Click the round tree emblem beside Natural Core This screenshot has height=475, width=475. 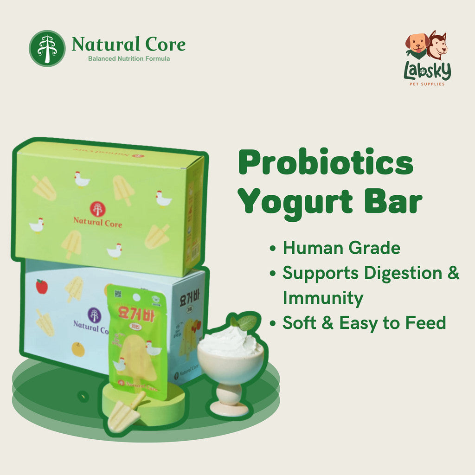[x=47, y=48]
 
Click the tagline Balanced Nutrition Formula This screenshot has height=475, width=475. [x=129, y=59]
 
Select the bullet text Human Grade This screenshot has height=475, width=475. [x=341, y=248]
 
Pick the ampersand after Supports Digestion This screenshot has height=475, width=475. [x=453, y=273]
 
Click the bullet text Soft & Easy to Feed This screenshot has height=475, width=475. [x=364, y=323]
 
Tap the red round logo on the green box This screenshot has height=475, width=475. [x=97, y=209]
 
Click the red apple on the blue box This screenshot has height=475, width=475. [x=42, y=286]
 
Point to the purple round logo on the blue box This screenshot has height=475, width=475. [x=94, y=315]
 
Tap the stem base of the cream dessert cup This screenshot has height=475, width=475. [x=229, y=407]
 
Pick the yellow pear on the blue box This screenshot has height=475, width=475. [x=78, y=349]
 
